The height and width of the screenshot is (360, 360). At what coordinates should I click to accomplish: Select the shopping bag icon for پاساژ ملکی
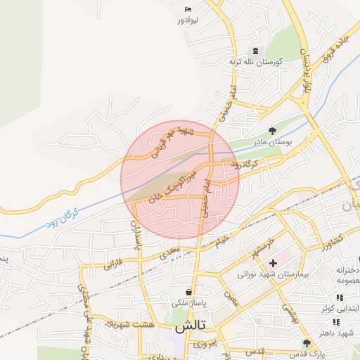click(188, 292)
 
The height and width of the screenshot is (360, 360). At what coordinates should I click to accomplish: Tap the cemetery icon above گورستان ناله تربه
click(255, 51)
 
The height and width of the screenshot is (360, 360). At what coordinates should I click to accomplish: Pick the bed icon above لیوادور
click(186, 8)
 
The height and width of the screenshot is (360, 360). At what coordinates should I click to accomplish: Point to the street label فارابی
click(113, 266)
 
